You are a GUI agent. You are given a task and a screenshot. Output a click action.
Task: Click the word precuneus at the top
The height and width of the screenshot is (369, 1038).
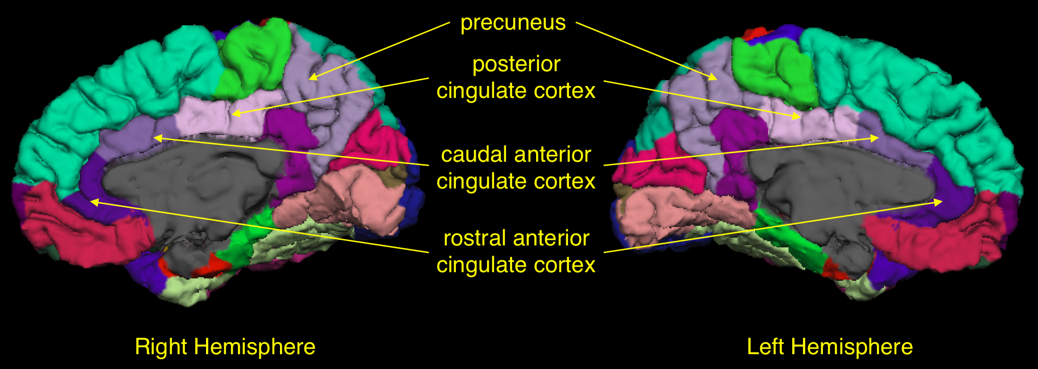point(513,23)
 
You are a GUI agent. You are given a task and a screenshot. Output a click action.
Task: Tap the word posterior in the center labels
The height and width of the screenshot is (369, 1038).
point(516,64)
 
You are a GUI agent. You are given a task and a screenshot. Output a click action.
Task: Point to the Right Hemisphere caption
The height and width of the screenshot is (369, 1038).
point(225,347)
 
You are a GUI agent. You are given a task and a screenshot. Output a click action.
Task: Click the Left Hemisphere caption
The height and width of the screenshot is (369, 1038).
point(830,347)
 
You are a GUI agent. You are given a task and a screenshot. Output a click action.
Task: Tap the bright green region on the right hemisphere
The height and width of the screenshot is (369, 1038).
point(254,57)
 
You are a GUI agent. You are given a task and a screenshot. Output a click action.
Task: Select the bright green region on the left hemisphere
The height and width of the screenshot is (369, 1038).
point(772,71)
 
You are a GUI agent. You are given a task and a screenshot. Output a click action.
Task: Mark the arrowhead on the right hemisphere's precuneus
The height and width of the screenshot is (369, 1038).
point(312,77)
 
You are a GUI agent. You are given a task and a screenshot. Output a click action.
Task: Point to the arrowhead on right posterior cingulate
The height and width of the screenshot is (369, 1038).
point(235,114)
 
